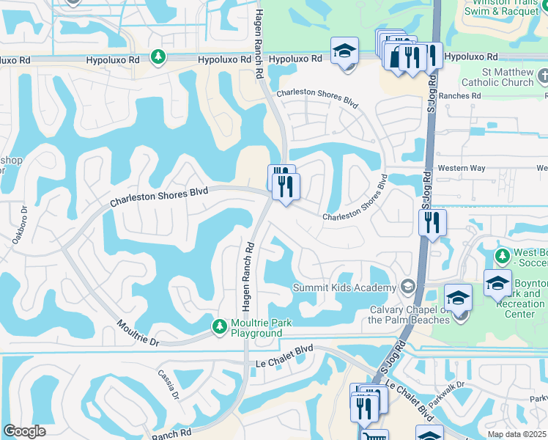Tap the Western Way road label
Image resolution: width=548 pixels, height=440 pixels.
pos(462,169)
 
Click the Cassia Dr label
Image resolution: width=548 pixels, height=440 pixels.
pos(166,383)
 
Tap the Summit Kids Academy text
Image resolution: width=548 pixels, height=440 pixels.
pos(344,287)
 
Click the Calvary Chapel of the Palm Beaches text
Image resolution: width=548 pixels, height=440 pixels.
pos(409,315)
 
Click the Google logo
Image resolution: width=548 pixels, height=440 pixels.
pos(24,431)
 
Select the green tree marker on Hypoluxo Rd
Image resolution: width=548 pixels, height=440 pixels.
pos(158,56)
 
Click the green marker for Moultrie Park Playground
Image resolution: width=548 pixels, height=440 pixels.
pos(218,326)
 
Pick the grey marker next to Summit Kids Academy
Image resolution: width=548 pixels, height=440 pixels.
pos(408,287)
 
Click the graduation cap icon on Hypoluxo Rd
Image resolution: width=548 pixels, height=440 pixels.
pos(344,51)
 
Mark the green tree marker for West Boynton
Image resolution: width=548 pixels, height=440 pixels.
pos(502,256)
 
